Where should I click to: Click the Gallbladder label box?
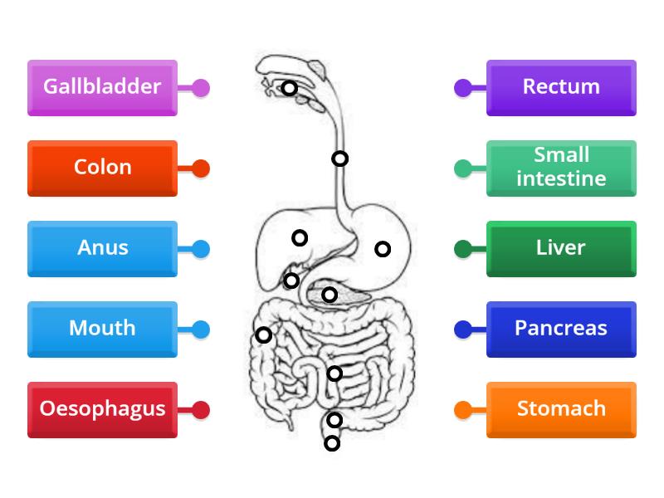pyautogui.click(x=102, y=87)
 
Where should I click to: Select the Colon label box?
pyautogui.click(x=102, y=168)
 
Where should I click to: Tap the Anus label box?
pyautogui.click(x=102, y=248)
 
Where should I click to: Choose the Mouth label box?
pyautogui.click(x=102, y=329)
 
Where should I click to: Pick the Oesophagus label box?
pyautogui.click(x=102, y=409)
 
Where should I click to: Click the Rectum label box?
pyautogui.click(x=561, y=87)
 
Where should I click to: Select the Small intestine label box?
pyautogui.click(x=561, y=168)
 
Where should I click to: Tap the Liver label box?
pyautogui.click(x=561, y=248)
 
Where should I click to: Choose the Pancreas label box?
pyautogui.click(x=561, y=329)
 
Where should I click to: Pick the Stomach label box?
pyautogui.click(x=561, y=409)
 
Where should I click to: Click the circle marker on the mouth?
pyautogui.click(x=289, y=87)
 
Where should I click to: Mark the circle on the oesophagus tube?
pyautogui.click(x=339, y=159)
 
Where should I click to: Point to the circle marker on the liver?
pyautogui.click(x=300, y=238)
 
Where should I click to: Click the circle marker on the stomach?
pyautogui.click(x=382, y=248)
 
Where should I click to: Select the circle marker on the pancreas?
pyautogui.click(x=330, y=295)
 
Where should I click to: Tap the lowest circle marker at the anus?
pyautogui.click(x=332, y=443)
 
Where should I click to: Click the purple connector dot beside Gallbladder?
pyautogui.click(x=201, y=88)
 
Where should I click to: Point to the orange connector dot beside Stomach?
pyautogui.click(x=463, y=409)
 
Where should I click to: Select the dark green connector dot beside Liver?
pyautogui.click(x=463, y=248)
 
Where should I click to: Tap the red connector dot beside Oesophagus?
pyautogui.click(x=201, y=410)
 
